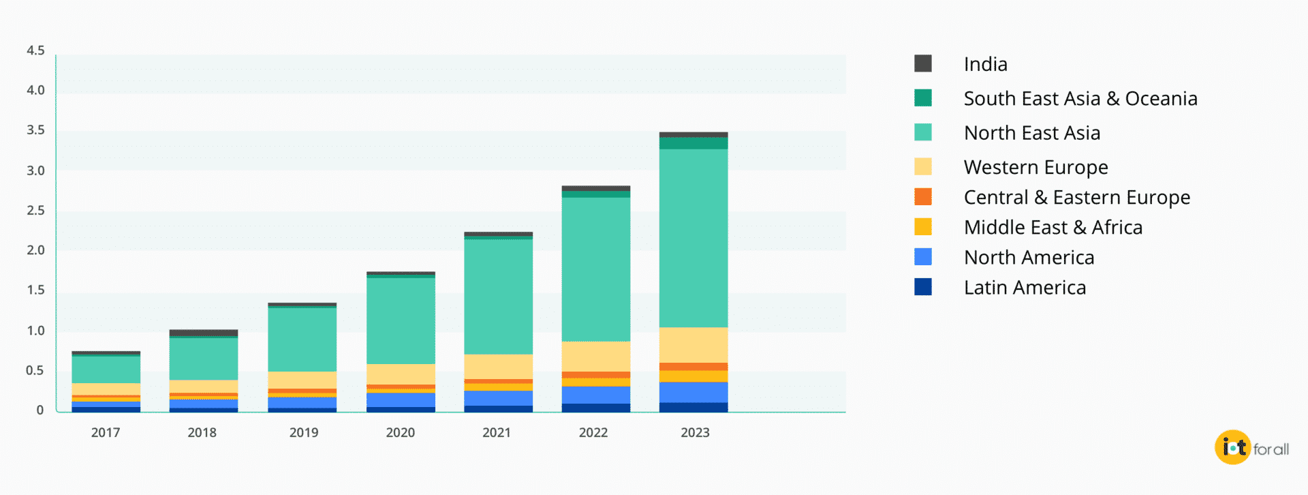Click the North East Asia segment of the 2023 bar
click(x=694, y=238)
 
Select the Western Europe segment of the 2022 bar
click(x=595, y=356)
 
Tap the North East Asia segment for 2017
click(x=106, y=370)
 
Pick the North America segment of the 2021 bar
click(x=498, y=398)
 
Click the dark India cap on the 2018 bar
click(x=204, y=333)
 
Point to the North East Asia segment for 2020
click(x=401, y=320)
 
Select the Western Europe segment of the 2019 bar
click(x=302, y=380)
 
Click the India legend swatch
click(x=923, y=63)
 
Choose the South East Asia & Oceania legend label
click(x=1080, y=99)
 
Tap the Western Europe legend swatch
click(x=923, y=167)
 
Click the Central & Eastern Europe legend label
click(x=1076, y=197)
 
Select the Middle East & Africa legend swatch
click(x=923, y=227)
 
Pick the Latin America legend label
click(x=1025, y=288)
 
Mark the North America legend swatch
click(x=923, y=257)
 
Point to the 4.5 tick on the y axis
click(x=35, y=50)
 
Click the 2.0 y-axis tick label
click(x=35, y=250)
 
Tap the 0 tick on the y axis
click(x=40, y=410)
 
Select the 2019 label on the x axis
click(x=304, y=432)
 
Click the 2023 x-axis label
click(x=695, y=432)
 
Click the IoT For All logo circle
click(x=1232, y=447)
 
